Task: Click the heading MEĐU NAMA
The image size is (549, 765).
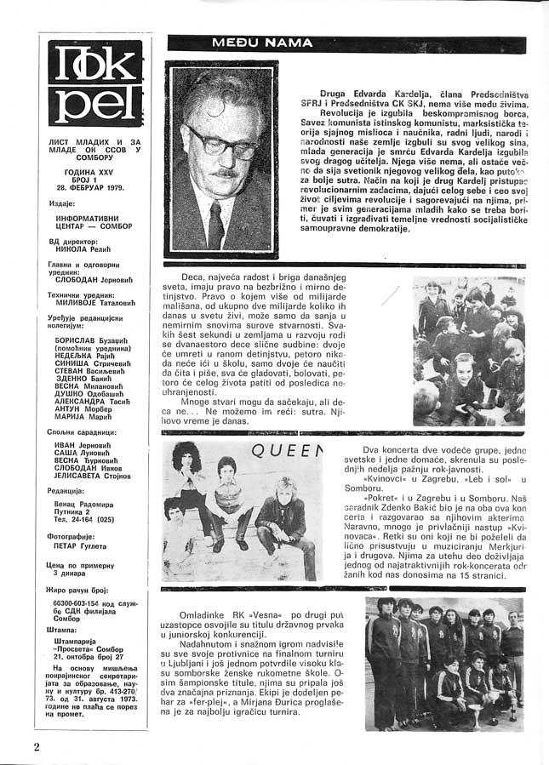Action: [252, 43]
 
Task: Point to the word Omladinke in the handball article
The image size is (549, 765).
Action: [213, 614]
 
